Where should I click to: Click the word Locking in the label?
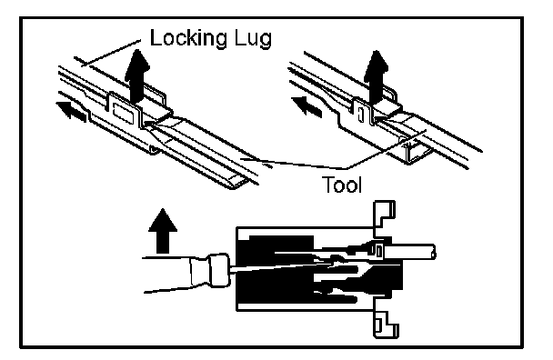click(x=188, y=38)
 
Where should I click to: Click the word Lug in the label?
click(x=253, y=38)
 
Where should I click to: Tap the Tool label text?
click(x=342, y=185)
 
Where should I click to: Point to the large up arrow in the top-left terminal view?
click(x=136, y=75)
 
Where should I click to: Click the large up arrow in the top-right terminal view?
click(x=376, y=75)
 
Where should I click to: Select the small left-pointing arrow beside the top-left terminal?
click(x=71, y=111)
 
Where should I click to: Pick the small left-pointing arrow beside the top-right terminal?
click(x=307, y=107)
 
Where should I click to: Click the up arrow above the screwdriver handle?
click(x=163, y=231)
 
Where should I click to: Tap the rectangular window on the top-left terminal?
click(x=122, y=114)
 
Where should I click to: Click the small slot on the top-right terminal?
click(x=360, y=115)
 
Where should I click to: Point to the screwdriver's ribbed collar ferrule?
click(x=219, y=270)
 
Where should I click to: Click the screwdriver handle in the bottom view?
click(x=176, y=275)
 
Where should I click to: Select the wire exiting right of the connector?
click(x=409, y=252)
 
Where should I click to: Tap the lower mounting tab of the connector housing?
click(x=386, y=325)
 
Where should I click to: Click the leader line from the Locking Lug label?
click(x=110, y=53)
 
